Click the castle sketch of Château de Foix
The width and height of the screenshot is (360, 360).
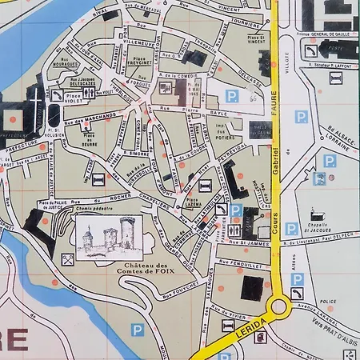(108, 235)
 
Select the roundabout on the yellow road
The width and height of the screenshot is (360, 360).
(278, 306)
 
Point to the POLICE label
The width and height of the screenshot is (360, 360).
(326, 307)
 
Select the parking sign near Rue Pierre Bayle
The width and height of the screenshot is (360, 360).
(231, 96)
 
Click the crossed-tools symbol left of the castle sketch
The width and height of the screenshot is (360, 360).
(67, 258)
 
